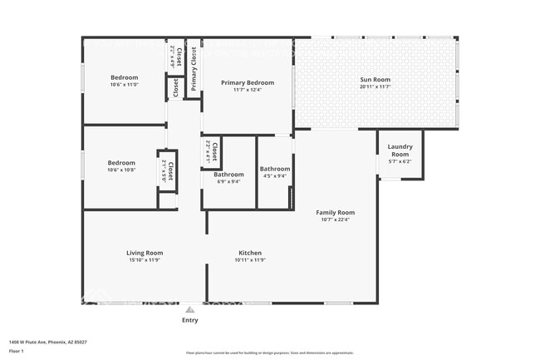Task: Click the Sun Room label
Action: (375, 80)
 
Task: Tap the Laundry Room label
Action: (400, 151)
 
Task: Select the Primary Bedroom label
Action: (247, 82)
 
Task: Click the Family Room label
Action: (335, 212)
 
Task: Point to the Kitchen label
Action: (250, 253)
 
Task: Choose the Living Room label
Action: (145, 253)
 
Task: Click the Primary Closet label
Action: (194, 69)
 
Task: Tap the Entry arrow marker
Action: (189, 308)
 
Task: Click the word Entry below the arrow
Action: (189, 320)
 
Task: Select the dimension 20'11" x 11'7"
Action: (375, 86)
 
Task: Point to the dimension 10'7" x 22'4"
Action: (335, 219)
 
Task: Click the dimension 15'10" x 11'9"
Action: (145, 260)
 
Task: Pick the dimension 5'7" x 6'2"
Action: (400, 162)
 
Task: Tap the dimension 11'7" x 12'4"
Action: (247, 90)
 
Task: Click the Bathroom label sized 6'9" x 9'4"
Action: (228, 175)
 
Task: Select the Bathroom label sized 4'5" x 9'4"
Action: (274, 169)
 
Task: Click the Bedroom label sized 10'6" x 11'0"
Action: (124, 77)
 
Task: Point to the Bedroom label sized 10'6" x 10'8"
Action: (121, 163)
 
